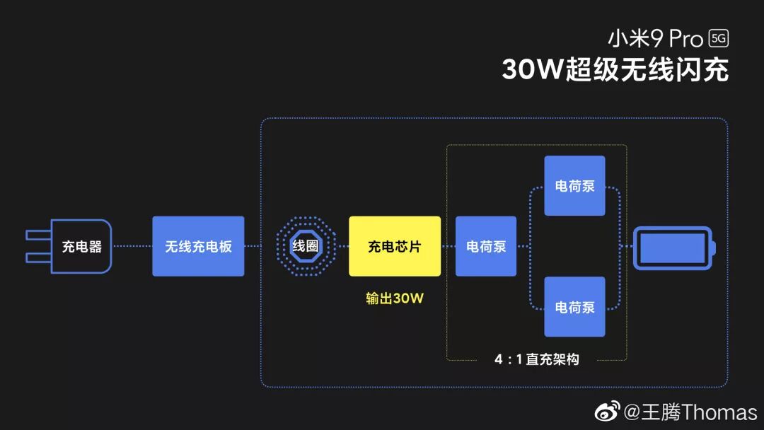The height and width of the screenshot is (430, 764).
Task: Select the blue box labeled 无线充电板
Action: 198,246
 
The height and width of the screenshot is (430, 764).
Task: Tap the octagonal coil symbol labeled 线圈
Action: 306,246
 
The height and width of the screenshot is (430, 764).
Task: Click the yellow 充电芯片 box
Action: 395,246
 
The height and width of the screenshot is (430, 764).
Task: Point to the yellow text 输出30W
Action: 395,298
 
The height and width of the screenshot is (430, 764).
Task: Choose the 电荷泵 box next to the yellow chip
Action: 486,246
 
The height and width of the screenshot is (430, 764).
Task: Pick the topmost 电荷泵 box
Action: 574,186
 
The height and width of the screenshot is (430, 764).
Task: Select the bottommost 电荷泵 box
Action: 574,307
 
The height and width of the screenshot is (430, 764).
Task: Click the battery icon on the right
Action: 673,248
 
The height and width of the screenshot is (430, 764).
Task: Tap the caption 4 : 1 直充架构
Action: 536,359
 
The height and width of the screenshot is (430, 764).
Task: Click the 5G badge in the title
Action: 718,39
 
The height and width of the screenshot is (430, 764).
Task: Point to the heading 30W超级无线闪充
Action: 615,70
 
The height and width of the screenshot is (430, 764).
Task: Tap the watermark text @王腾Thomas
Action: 690,412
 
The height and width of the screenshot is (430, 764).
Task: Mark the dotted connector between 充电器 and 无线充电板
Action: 132,246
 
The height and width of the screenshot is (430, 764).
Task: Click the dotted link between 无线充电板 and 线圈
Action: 259,246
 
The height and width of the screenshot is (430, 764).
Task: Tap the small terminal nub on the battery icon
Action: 714,248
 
